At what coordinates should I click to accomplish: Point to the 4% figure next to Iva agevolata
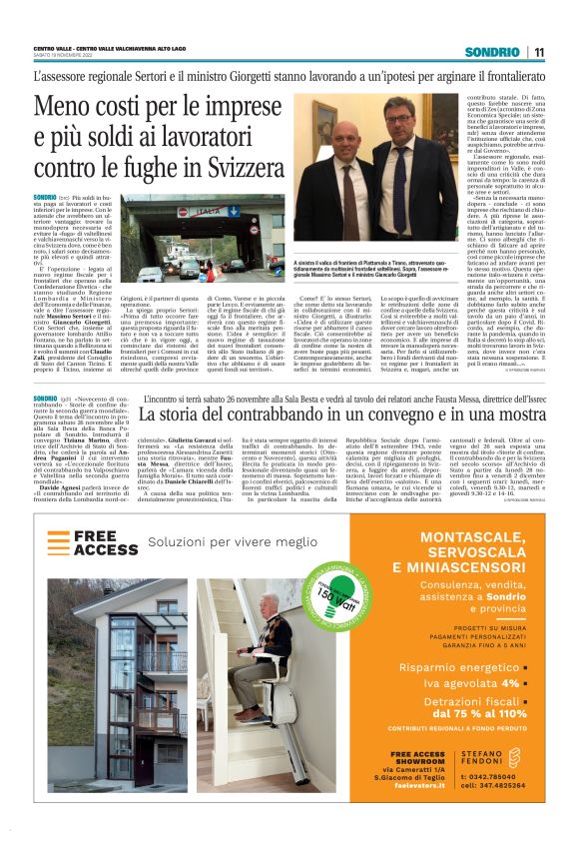[510, 683]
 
